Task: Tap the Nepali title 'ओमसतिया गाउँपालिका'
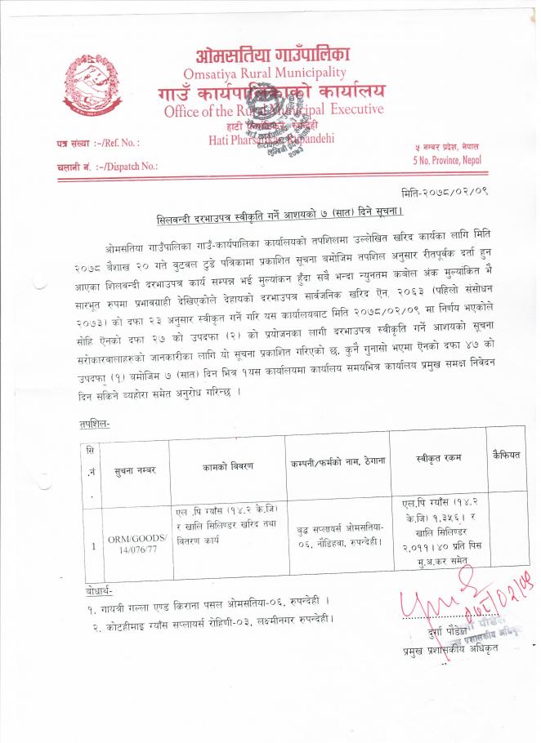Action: tap(273, 55)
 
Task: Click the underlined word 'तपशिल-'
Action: tap(95, 425)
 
